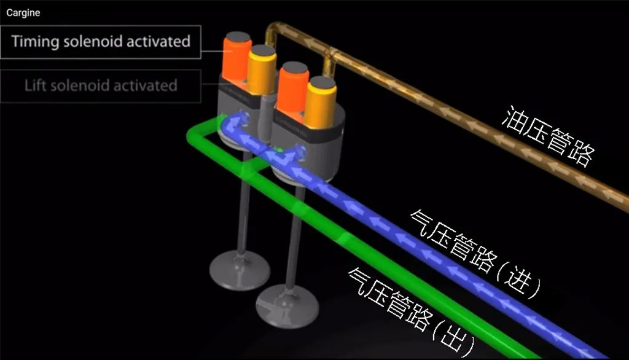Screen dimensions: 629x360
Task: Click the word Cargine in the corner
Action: [x=23, y=12]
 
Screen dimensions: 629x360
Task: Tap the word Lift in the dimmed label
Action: [x=36, y=85]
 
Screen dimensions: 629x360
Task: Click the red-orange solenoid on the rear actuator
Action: [x=235, y=57]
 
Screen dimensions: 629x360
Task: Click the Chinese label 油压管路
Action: [x=548, y=136]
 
